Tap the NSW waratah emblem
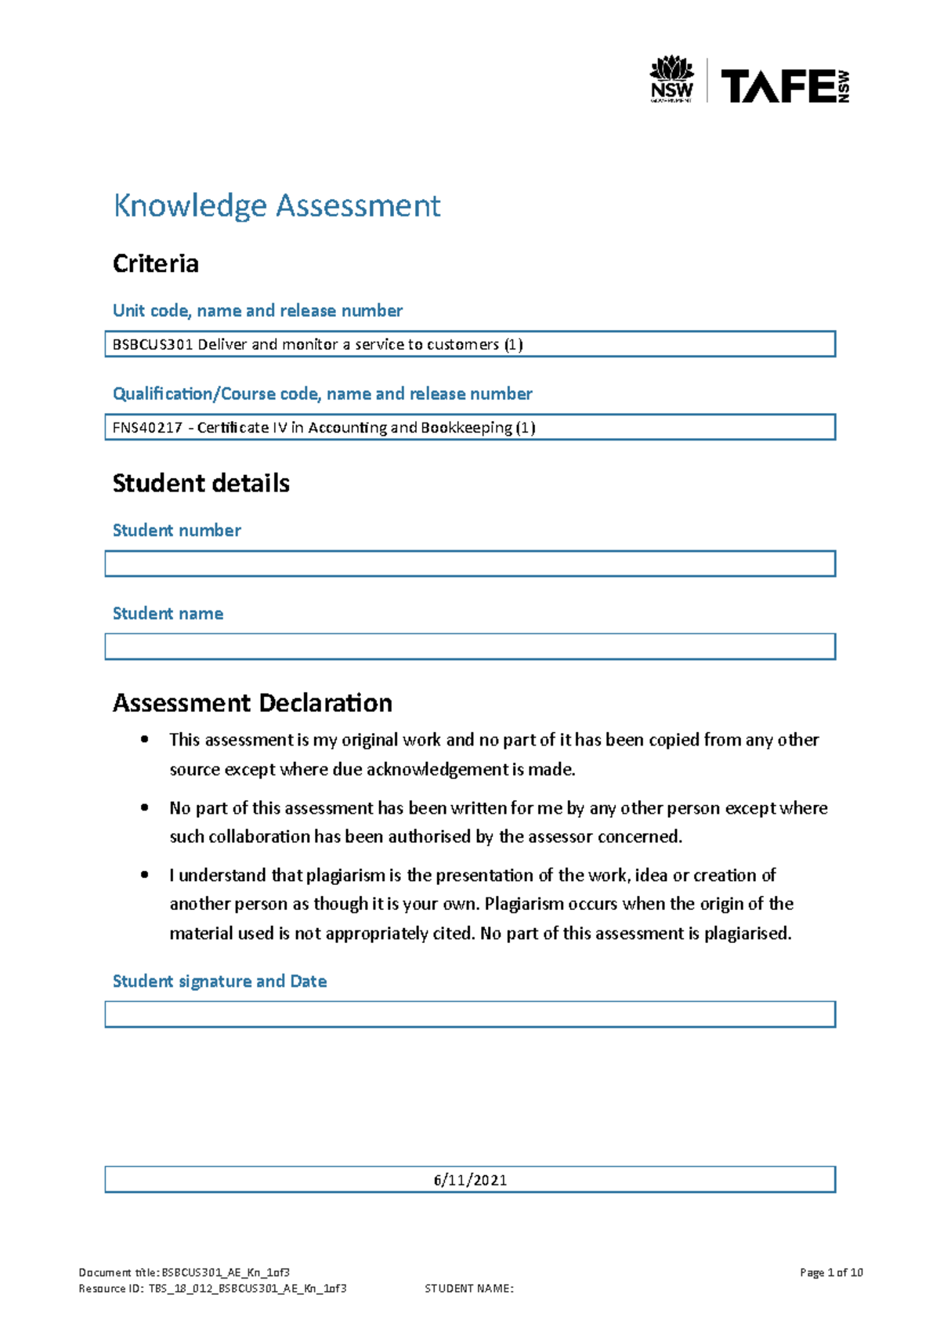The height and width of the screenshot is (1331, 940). (x=671, y=69)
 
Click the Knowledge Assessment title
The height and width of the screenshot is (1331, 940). (x=277, y=205)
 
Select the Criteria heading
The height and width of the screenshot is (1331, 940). (x=155, y=263)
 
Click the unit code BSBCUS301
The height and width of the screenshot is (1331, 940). (x=153, y=344)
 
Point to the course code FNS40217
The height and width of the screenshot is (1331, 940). (x=147, y=427)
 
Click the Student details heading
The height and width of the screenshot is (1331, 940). (x=201, y=483)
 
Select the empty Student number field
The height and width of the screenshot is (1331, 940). (x=470, y=564)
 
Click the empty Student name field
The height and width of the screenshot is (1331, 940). (x=470, y=647)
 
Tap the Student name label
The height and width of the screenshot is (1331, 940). (x=168, y=613)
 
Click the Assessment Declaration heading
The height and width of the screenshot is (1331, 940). (x=252, y=702)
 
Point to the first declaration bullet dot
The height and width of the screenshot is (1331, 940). (x=144, y=739)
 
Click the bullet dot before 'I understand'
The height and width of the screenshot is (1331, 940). (x=144, y=875)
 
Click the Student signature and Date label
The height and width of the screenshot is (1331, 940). (x=219, y=981)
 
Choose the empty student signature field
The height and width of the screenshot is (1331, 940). (x=470, y=1014)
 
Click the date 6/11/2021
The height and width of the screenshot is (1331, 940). (x=470, y=1180)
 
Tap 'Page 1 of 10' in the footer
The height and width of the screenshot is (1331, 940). (x=831, y=1272)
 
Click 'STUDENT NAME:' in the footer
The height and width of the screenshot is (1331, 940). (x=468, y=1288)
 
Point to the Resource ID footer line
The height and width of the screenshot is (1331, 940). (x=212, y=1288)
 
